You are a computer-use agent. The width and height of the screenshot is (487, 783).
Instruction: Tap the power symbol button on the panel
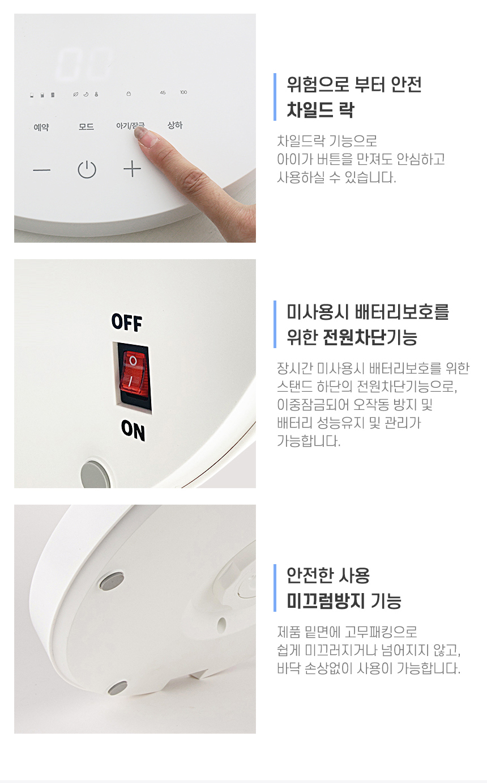[87, 170]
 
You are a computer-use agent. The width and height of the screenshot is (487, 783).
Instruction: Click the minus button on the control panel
[41, 170]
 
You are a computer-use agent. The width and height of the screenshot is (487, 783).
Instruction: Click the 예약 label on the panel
[41, 127]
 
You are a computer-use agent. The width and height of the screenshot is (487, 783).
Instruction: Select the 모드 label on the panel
[86, 126]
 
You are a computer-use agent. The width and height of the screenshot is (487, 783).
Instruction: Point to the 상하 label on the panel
[175, 125]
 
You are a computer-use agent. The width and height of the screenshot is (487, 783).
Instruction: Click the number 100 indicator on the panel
[183, 92]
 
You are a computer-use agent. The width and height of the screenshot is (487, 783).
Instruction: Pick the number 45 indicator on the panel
[163, 92]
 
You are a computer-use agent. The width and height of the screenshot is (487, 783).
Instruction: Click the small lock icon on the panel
[129, 94]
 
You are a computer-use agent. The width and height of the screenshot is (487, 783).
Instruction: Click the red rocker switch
[134, 374]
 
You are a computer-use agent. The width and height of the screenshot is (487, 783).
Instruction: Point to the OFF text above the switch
[127, 322]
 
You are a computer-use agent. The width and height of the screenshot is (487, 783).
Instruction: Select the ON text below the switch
[133, 430]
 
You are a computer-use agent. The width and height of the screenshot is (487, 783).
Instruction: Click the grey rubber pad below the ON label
[95, 475]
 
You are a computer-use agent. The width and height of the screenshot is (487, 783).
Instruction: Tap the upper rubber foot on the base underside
[112, 581]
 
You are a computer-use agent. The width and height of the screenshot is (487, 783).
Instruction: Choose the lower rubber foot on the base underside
[117, 688]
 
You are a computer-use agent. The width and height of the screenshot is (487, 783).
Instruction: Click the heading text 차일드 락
[321, 110]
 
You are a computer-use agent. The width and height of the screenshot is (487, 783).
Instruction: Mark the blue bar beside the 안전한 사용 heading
[275, 587]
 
